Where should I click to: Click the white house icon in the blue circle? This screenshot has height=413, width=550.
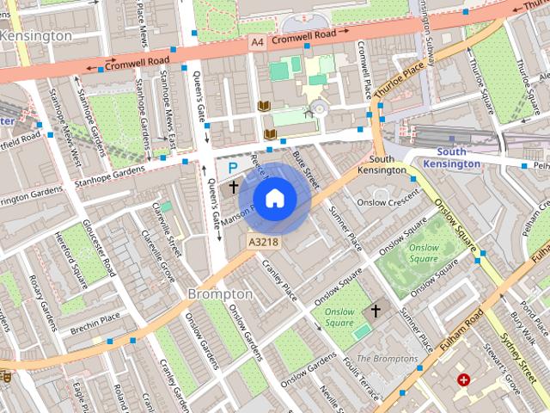[274, 198]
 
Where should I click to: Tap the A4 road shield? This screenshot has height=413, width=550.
[257, 41]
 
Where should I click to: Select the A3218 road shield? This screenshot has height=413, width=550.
[263, 243]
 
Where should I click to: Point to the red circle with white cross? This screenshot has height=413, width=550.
[464, 379]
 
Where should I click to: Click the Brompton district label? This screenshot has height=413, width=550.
[220, 294]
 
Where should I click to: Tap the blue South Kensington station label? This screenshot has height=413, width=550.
[452, 157]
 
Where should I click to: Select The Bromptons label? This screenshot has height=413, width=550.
[387, 358]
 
